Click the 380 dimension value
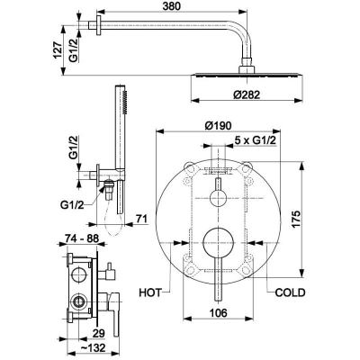coord(172,6)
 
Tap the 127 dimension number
coord(58,49)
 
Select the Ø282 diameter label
coord(247,94)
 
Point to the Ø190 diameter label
coord(218,125)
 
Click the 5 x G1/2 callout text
coord(255,140)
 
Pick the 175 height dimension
coord(295,220)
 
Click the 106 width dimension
coord(218,312)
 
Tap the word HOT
coord(150,292)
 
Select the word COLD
coord(290,292)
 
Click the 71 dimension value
coord(141,219)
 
